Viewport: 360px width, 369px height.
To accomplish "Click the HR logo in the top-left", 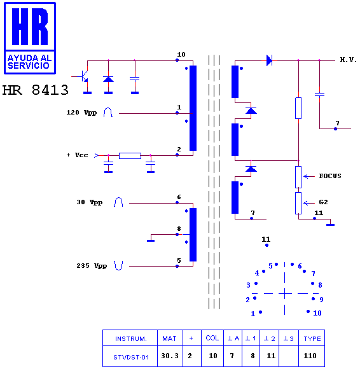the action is [x=30, y=38].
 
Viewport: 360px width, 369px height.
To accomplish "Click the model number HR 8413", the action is [x=35, y=90].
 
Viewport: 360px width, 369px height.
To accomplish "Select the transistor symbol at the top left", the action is [x=82, y=76].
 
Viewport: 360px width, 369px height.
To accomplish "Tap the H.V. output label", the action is [x=349, y=60].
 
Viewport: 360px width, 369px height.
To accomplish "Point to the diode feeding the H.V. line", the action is [x=269, y=60].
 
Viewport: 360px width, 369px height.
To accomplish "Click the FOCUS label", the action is [x=330, y=176].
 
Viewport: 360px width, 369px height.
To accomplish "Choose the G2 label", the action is [x=323, y=202].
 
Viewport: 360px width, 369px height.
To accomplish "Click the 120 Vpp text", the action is [x=81, y=113].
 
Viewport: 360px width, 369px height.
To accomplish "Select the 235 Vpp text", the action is [x=92, y=266].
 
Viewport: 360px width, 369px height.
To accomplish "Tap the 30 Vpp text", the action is [x=90, y=202].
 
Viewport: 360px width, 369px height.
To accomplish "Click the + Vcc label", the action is [x=77, y=155].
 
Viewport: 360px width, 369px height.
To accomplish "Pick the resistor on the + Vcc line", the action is [x=130, y=156].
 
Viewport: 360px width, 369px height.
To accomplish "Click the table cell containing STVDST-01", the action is [x=130, y=356].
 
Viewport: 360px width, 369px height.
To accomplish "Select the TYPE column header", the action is [x=312, y=338].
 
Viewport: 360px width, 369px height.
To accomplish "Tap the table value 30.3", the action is [x=170, y=356].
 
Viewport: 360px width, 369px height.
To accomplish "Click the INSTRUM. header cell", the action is [x=130, y=338].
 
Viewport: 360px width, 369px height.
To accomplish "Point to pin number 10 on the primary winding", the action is [x=181, y=54].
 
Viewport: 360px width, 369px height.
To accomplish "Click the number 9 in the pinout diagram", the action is [x=321, y=300].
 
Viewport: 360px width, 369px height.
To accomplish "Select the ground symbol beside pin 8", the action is [x=151, y=240].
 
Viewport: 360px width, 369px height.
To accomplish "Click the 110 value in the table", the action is [x=310, y=356].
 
